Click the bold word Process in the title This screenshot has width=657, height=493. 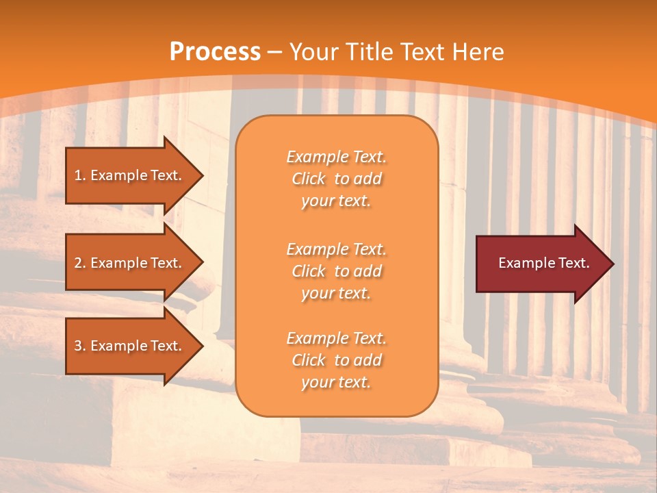(215, 52)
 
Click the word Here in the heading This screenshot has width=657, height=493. (478, 52)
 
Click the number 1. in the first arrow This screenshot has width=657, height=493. (79, 175)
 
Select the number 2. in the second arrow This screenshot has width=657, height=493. (79, 263)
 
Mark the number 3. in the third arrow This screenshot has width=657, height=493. (79, 346)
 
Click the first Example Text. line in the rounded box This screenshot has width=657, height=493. (336, 157)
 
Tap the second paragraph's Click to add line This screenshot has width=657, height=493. (336, 271)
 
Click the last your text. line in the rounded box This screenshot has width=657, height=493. (336, 382)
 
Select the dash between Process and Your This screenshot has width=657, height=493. (275, 53)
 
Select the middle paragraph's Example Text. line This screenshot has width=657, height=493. (336, 249)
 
